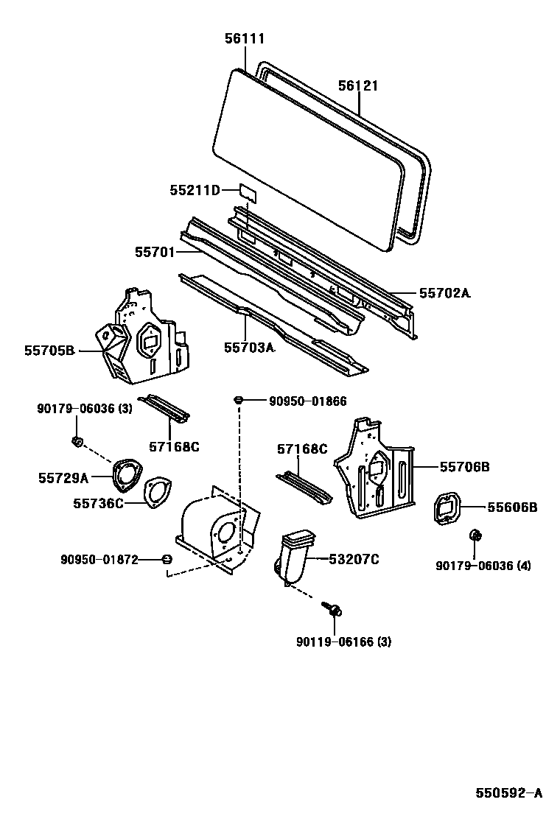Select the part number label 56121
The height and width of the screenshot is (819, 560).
[358, 86]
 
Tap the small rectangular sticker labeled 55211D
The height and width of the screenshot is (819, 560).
[248, 192]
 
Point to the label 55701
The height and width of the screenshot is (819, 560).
[154, 252]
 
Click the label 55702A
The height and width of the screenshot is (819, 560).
[444, 293]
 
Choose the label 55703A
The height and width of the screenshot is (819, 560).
[249, 347]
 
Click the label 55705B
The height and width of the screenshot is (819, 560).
[49, 351]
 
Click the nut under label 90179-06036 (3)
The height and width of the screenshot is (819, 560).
[77, 441]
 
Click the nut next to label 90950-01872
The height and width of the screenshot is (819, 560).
[167, 560]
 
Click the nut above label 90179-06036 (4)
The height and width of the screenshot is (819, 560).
[476, 535]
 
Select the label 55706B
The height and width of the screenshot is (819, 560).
[465, 467]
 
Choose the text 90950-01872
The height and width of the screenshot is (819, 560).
[99, 560]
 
